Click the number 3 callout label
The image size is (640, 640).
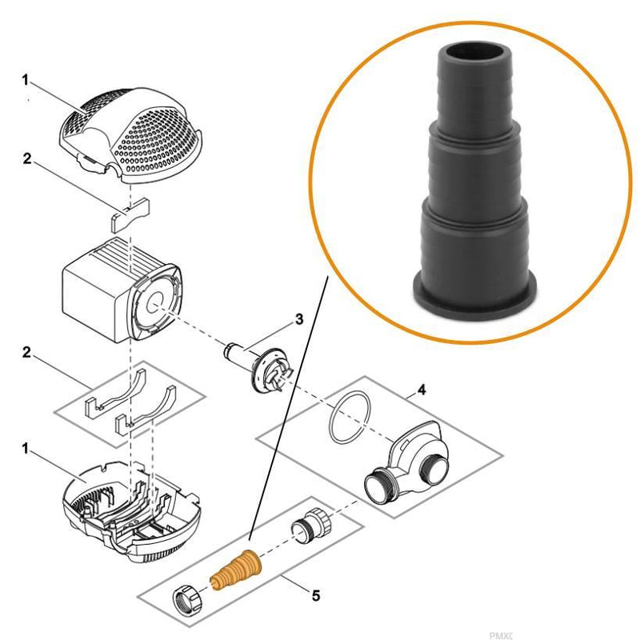[x=298, y=319]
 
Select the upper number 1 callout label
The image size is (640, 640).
[x=26, y=80]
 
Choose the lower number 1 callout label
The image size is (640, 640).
[x=26, y=450]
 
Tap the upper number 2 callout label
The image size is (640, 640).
[x=26, y=159]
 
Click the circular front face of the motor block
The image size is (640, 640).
[x=155, y=305]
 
